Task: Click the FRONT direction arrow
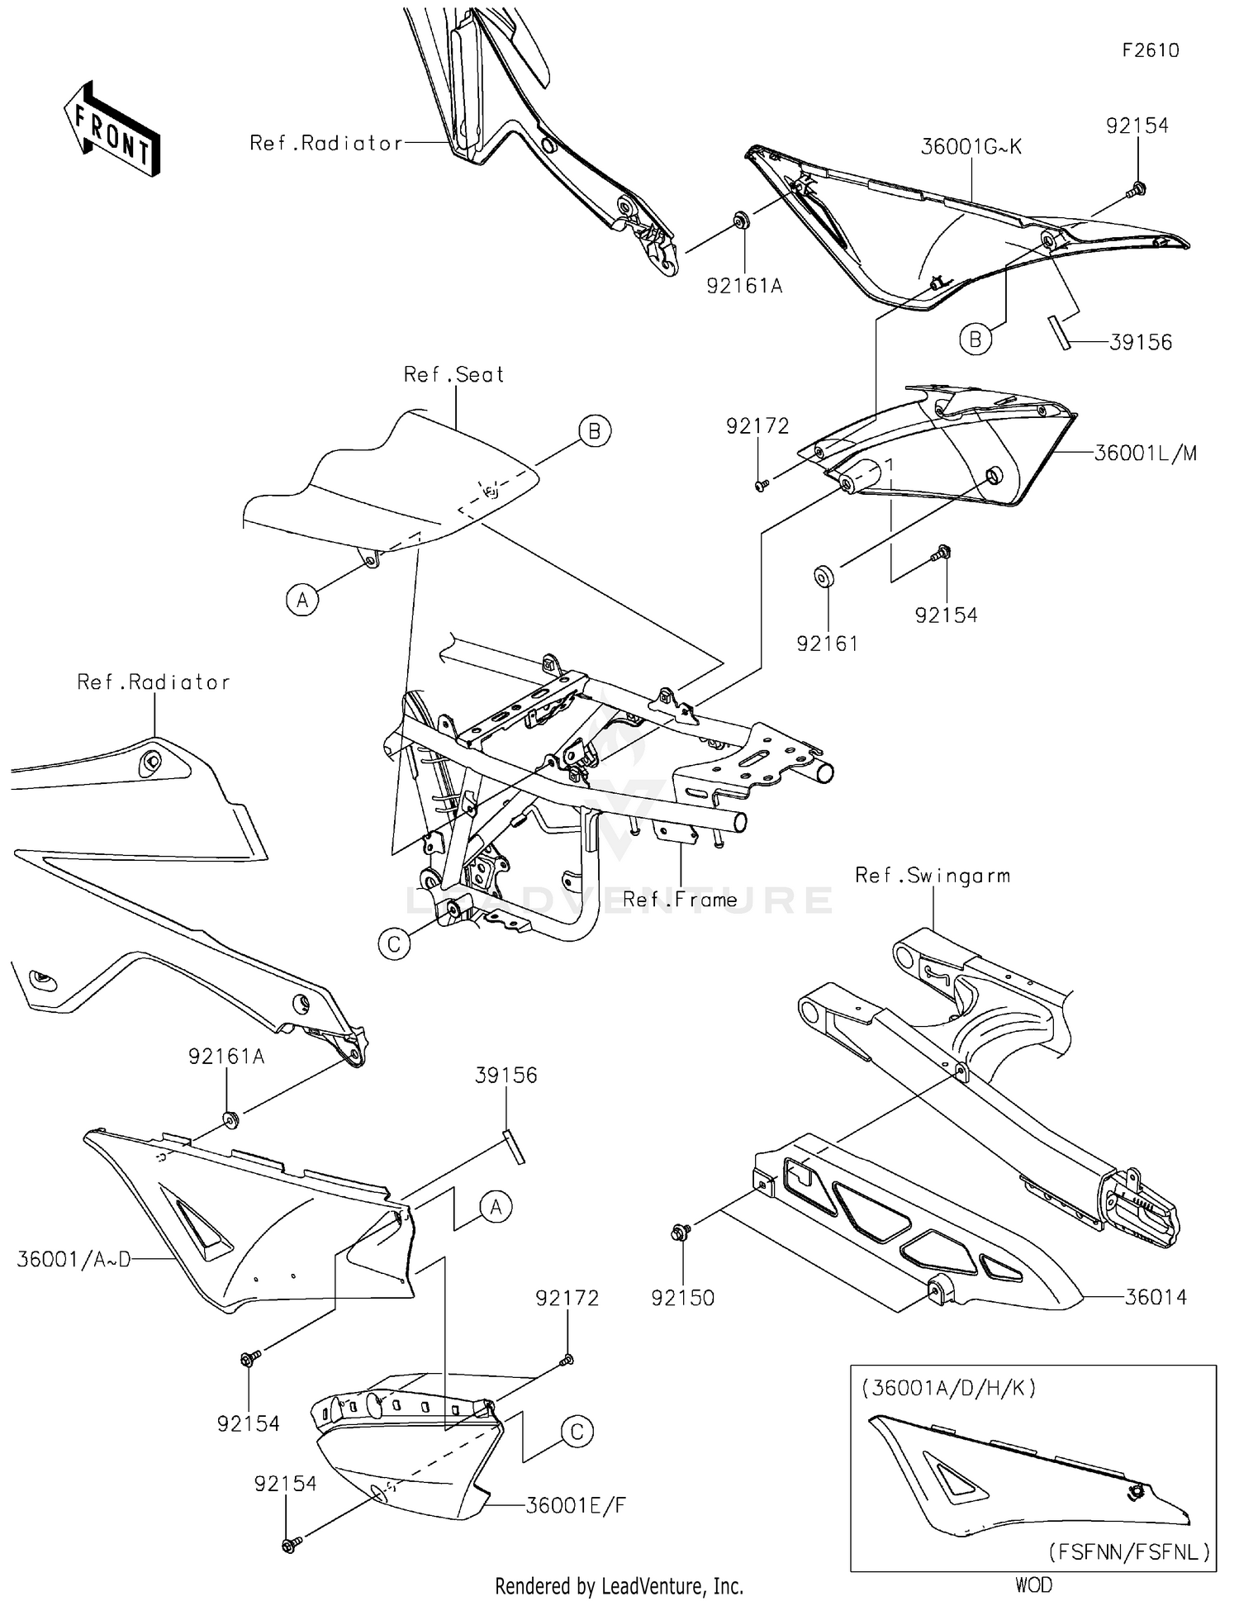point(112,130)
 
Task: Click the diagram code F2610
point(1151,50)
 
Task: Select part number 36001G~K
point(971,147)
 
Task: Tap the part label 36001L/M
point(1145,453)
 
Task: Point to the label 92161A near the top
point(744,286)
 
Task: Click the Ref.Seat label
point(453,375)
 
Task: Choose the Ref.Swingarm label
point(933,876)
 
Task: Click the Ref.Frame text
point(680,900)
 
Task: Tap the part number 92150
point(682,1298)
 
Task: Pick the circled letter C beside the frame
point(394,943)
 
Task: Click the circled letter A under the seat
point(302,600)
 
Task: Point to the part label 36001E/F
point(576,1505)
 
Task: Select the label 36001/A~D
point(74,1260)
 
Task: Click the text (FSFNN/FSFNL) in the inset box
point(1129,1551)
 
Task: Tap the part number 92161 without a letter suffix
point(827,644)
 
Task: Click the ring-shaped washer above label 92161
point(824,576)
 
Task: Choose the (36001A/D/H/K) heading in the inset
point(948,1388)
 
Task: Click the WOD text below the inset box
point(1033,1584)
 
